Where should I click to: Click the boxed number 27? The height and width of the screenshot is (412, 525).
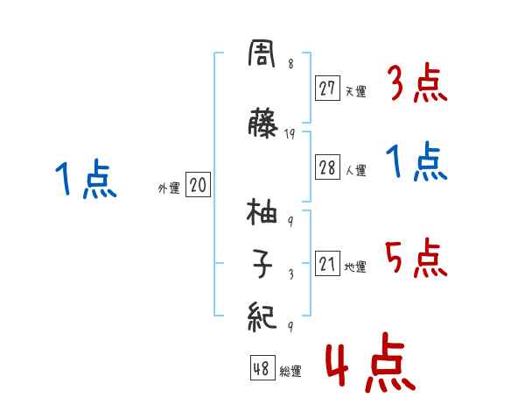tap(328, 88)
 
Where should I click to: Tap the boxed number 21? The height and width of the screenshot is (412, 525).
tap(328, 265)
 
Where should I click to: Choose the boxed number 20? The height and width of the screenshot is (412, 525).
tap(198, 186)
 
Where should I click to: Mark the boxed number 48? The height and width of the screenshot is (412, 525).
tap(262, 369)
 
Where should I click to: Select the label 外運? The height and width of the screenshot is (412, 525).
tap(169, 188)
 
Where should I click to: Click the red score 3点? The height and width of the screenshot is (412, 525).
tap(418, 84)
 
